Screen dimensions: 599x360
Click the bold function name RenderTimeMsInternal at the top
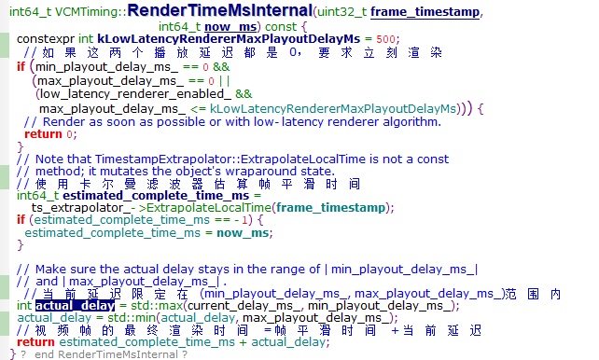(240, 11)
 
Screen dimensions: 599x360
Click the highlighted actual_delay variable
(76, 306)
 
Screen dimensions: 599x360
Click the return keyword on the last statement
(35, 342)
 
